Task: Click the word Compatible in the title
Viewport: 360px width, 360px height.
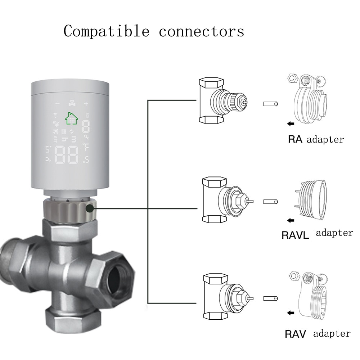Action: coord(106,31)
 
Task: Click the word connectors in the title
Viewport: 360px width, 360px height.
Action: coord(201,32)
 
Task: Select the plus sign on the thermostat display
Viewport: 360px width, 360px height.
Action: coord(86,104)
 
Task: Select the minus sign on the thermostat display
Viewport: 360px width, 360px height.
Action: coord(58,104)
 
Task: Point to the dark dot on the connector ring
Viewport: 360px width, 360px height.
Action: coord(89,208)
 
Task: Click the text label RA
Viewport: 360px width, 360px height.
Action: coord(296,139)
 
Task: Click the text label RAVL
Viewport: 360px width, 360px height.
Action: coord(295,236)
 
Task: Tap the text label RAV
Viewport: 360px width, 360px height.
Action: coord(295,334)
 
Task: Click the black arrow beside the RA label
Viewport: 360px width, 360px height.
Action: coord(291,124)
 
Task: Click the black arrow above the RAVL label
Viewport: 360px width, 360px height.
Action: coord(291,220)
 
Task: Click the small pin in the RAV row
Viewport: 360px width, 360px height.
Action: coord(270,298)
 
